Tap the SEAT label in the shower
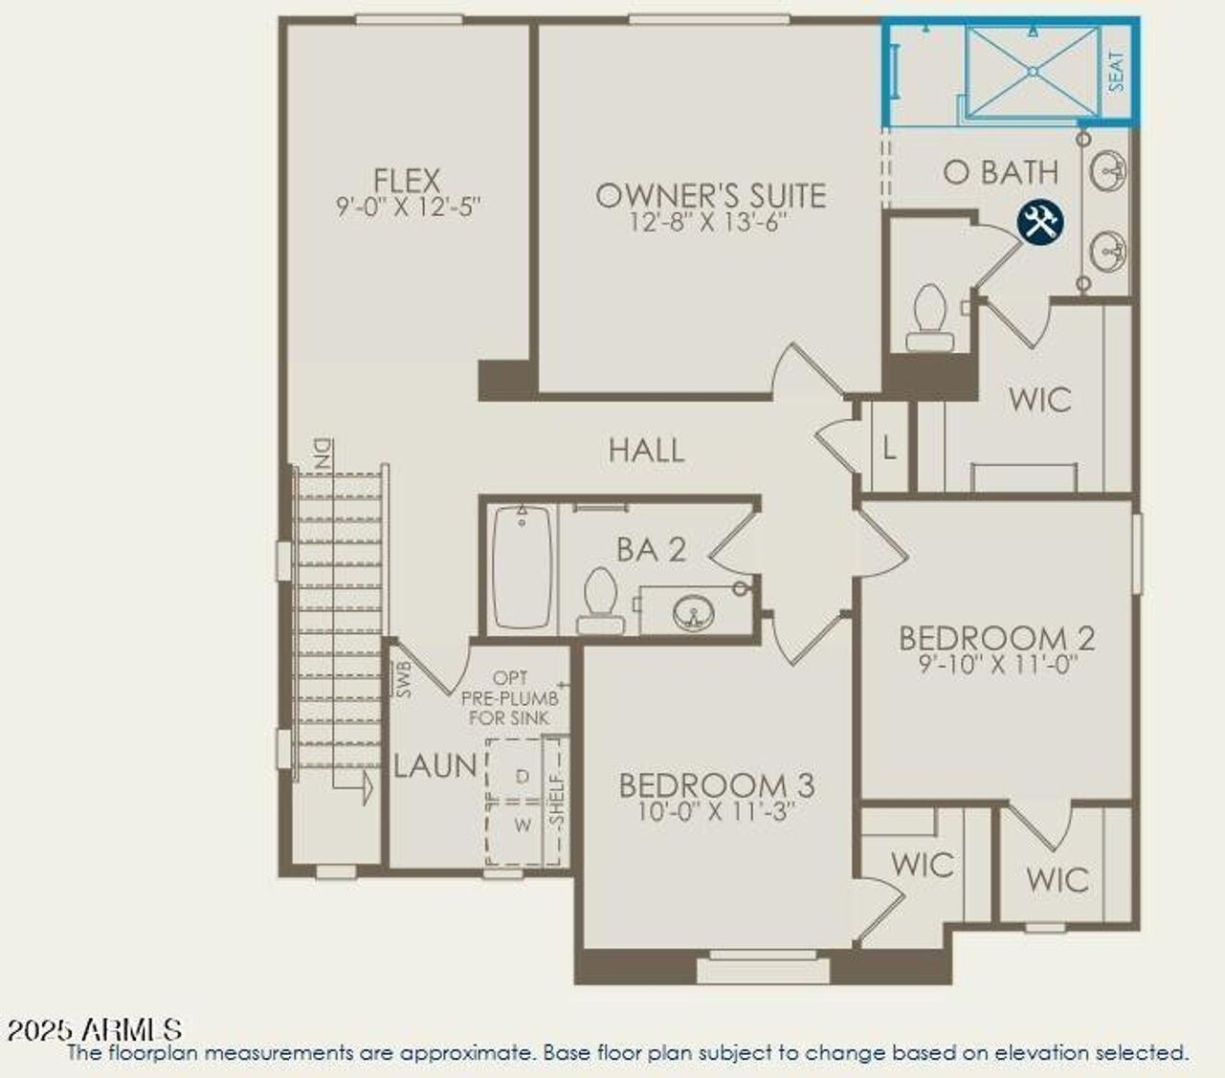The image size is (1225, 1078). click(1117, 71)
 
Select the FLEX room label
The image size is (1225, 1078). click(408, 180)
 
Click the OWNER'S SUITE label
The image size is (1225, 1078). click(710, 195)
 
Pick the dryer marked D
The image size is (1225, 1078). click(522, 777)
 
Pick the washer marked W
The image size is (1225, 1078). click(522, 824)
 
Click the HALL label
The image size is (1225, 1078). click(647, 451)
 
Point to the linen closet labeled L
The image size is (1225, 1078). click(889, 448)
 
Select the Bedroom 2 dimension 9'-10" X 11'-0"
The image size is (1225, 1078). click(997, 665)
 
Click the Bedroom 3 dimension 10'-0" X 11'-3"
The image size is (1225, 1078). click(717, 812)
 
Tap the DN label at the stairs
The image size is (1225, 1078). click(322, 452)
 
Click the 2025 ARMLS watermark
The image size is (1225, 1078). click(94, 1029)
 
